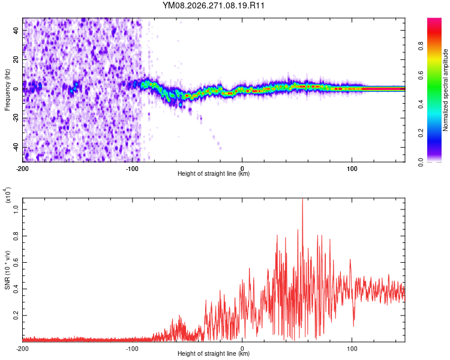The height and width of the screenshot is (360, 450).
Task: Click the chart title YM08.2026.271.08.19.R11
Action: [213, 5]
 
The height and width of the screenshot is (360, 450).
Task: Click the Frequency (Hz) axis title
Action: [7, 90]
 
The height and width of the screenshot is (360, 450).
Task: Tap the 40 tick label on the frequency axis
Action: [16, 31]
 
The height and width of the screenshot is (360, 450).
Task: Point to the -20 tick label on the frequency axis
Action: [16, 118]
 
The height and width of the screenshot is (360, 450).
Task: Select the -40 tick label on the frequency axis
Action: [16, 147]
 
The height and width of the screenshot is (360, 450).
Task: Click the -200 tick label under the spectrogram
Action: [22, 169]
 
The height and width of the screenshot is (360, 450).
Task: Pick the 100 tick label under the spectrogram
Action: [352, 169]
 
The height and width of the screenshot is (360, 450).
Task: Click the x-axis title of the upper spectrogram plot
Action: [214, 173]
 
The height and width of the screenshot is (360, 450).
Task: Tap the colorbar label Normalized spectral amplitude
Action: [445, 90]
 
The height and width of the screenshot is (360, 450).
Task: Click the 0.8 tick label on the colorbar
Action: [421, 46]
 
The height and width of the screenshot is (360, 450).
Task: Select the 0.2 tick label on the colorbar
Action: [421, 133]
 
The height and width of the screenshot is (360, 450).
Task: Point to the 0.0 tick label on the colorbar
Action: [421, 162]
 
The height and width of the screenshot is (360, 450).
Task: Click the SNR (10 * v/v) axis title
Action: [7, 270]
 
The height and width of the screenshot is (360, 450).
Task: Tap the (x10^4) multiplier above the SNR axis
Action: [8, 195]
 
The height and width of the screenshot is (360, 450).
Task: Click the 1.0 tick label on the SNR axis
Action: [16, 209]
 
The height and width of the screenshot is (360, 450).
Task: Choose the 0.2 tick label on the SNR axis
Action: [16, 315]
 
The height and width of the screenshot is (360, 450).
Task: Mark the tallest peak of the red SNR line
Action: [302, 199]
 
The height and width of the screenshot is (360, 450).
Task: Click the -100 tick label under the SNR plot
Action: [132, 349]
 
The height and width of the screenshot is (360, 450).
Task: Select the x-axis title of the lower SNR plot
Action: [214, 353]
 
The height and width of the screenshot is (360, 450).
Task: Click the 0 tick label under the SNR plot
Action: [242, 349]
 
